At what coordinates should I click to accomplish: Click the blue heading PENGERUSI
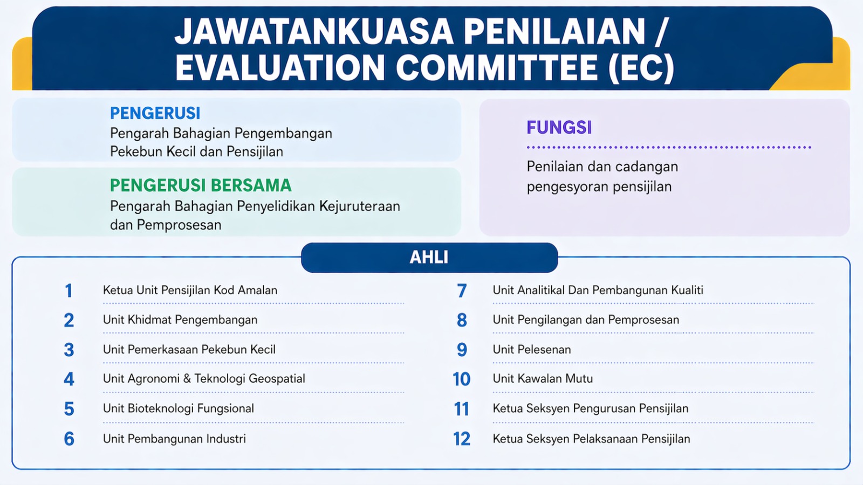click(155, 113)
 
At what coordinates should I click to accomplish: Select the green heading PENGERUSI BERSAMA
click(201, 185)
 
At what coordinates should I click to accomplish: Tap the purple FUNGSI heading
click(559, 127)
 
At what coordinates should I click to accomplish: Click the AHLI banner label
click(429, 258)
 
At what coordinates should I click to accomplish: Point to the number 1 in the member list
click(69, 291)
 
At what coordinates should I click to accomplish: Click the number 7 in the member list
click(462, 291)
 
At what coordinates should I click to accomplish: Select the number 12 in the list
click(462, 439)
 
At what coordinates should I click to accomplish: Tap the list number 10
click(462, 379)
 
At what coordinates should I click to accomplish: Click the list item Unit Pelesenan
click(532, 350)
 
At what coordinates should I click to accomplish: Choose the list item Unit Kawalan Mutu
click(543, 379)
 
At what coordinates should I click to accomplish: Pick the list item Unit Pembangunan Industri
click(174, 439)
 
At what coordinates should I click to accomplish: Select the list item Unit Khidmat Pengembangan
click(180, 320)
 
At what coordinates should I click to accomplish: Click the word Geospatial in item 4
click(277, 379)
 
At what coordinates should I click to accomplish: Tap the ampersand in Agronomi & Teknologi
click(187, 379)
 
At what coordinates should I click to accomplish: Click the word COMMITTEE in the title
click(497, 68)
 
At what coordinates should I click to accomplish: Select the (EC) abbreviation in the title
click(641, 68)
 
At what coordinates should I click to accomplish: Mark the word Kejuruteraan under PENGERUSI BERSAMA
click(359, 207)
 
